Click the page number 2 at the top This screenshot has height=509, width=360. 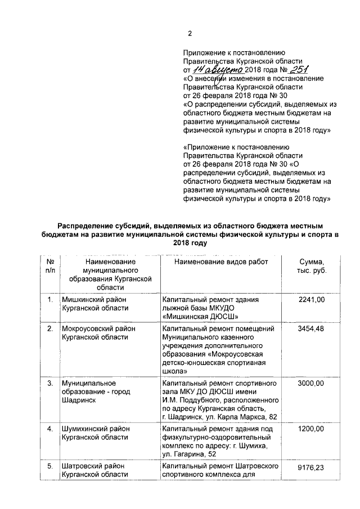click(190, 33)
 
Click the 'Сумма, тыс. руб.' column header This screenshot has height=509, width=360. click(312, 267)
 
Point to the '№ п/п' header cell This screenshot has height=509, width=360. click(50, 267)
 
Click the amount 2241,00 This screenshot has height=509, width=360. click(312, 300)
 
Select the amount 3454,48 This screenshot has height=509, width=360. click(312, 328)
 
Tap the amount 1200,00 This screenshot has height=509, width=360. click(312, 429)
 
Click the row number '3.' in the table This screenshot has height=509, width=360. click(50, 384)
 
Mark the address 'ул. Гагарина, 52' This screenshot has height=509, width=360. click(188, 453)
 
